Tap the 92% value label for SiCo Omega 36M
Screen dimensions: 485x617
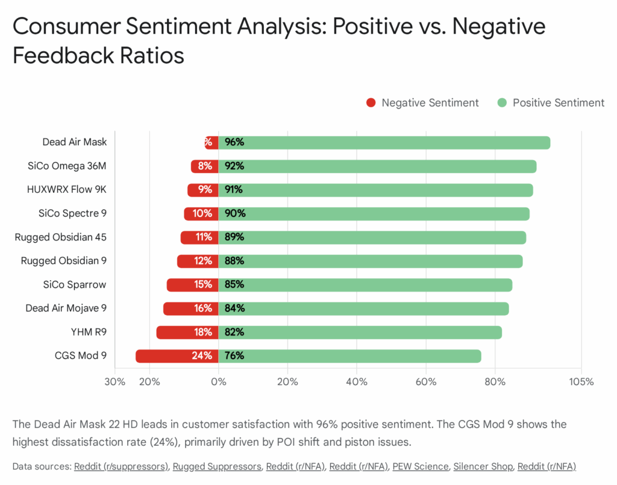click(x=234, y=166)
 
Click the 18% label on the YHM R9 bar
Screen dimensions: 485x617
click(x=202, y=333)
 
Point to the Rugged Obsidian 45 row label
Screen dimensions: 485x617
click(x=61, y=237)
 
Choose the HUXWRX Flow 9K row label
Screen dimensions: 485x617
click(x=67, y=190)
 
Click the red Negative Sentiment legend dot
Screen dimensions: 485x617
click(x=371, y=103)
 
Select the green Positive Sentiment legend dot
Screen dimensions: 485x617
click(x=502, y=103)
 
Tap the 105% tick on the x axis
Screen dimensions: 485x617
click(x=581, y=382)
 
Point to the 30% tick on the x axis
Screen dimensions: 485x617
click(x=115, y=382)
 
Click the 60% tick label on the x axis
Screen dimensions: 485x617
click(x=426, y=382)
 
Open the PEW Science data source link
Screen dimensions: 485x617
click(x=421, y=466)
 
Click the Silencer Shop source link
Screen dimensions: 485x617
click(x=483, y=466)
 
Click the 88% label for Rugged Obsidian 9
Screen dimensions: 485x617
click(x=234, y=261)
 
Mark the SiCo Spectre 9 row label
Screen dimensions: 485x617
click(x=73, y=214)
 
